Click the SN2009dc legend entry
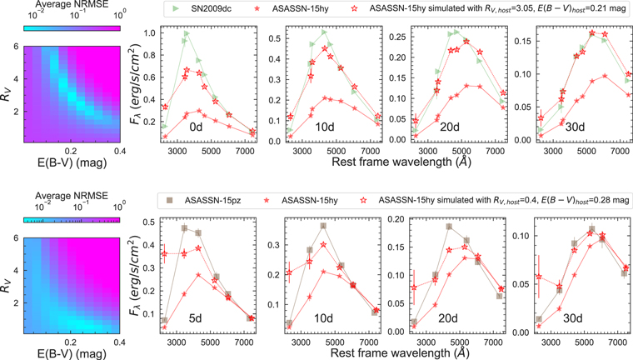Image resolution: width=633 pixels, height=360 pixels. point(202,8)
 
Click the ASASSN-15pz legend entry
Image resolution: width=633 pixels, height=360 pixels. point(204,200)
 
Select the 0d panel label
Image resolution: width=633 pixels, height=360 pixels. point(196,127)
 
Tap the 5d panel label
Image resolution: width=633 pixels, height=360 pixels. point(195,318)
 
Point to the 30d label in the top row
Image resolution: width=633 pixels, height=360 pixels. point(575,127)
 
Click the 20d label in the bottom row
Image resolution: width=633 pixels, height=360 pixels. point(448,318)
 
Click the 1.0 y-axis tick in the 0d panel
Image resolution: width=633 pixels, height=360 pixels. point(149,33)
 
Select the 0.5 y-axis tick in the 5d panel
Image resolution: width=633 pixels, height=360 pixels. point(149,222)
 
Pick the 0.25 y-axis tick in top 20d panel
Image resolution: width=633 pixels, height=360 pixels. point(397,37)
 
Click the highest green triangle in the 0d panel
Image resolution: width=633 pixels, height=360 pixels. point(187,33)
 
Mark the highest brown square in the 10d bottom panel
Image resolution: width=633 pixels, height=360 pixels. point(323,227)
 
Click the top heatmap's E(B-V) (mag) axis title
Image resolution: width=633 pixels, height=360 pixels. point(72,162)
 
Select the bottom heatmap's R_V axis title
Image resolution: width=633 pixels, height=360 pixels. point(7,282)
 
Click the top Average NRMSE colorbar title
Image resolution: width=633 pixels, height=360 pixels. point(72,5)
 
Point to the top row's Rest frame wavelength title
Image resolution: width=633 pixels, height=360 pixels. point(401,162)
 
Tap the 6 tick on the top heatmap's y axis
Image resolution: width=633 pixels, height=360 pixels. point(16,47)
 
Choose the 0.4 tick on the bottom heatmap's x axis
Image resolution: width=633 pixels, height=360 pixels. point(119,342)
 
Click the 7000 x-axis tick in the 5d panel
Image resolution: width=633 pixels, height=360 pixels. point(243,342)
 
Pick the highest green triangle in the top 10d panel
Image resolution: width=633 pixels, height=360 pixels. point(324,32)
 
